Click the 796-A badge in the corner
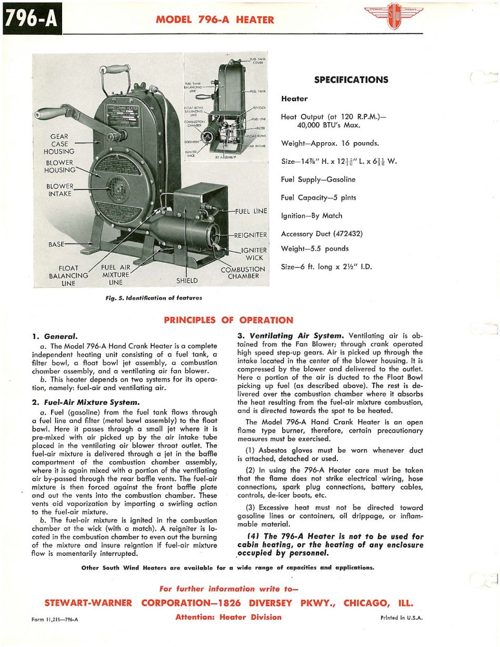[x=32, y=19]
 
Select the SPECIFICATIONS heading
[x=351, y=80]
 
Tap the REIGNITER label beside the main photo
[x=251, y=235]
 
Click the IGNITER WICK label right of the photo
[x=254, y=254]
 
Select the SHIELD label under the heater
[x=187, y=281]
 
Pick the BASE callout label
[x=57, y=244]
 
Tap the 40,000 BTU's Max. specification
[x=319, y=125]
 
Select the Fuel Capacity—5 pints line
[x=318, y=197]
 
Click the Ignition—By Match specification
[x=312, y=215]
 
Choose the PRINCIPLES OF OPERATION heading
[x=228, y=320]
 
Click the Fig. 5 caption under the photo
[x=154, y=298]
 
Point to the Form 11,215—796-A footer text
[x=55, y=619]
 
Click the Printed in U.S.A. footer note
[x=401, y=619]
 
